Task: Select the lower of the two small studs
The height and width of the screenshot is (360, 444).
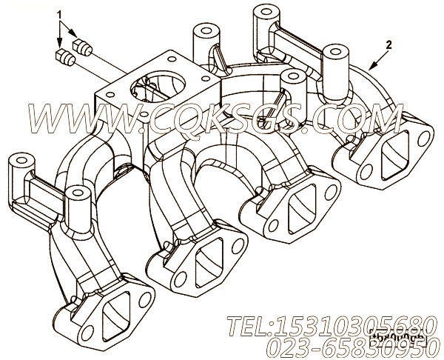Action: tap(65, 56)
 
